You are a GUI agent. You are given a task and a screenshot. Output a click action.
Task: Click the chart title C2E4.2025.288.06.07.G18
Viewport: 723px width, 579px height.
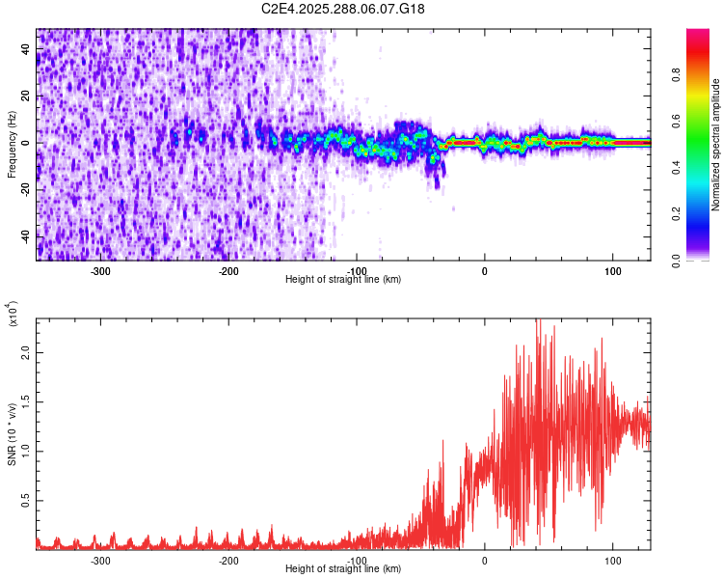pos(343,9)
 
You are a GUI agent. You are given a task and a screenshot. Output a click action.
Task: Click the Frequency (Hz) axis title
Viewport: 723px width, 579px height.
pos(12,145)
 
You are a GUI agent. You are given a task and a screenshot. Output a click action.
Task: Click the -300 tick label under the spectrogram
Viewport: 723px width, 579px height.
pos(100,270)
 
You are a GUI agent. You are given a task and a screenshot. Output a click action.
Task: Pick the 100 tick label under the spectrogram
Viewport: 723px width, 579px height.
pos(612,270)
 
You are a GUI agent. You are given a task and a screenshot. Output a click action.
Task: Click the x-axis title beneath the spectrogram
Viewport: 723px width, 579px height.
pos(343,279)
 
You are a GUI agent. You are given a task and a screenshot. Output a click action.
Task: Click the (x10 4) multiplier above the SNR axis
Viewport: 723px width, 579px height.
pos(13,314)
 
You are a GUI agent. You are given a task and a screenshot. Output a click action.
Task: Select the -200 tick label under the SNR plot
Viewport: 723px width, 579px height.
pos(228,560)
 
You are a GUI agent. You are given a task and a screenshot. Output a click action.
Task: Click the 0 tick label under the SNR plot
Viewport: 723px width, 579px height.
pos(485,560)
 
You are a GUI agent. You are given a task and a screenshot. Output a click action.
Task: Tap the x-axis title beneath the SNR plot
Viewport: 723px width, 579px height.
pos(343,568)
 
